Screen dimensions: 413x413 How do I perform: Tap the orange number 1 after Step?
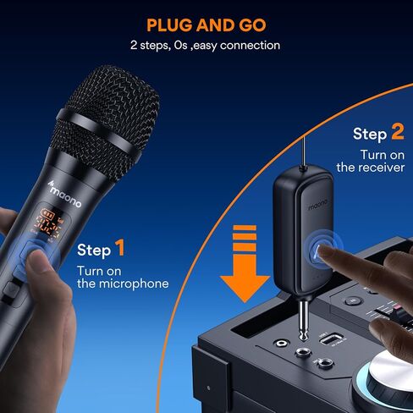pyautogui.click(x=120, y=248)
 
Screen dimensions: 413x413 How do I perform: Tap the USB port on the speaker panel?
pyautogui.click(x=331, y=339)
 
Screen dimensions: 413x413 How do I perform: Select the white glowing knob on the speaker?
pyautogui.click(x=394, y=372)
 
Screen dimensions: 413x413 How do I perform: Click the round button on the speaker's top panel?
pyautogui.click(x=354, y=300)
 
